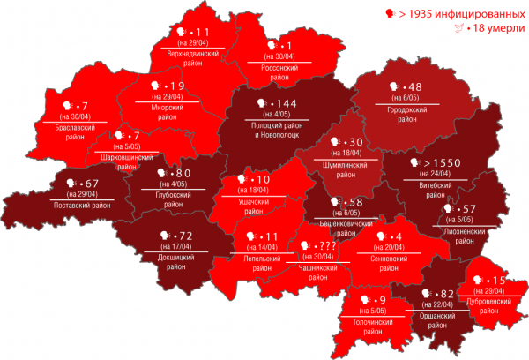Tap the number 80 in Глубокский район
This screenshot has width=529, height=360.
pyautogui.click(x=183, y=174)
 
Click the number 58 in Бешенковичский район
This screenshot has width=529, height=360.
pyautogui.click(x=356, y=203)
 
